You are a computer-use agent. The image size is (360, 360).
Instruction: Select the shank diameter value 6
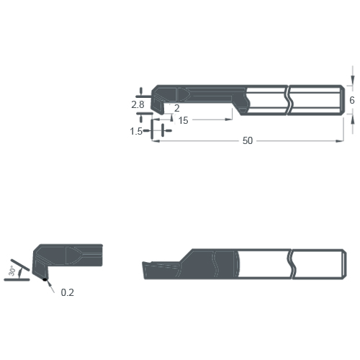click(x=351, y=102)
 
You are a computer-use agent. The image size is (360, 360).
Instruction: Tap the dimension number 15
click(x=183, y=121)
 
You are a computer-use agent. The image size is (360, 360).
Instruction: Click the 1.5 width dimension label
click(x=136, y=131)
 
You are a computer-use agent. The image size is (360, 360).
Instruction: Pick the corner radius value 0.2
click(x=67, y=292)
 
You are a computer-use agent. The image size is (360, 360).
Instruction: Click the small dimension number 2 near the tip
click(x=176, y=107)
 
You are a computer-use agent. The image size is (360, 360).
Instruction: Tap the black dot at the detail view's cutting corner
click(x=45, y=279)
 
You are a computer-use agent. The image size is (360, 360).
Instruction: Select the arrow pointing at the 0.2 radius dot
click(x=50, y=285)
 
